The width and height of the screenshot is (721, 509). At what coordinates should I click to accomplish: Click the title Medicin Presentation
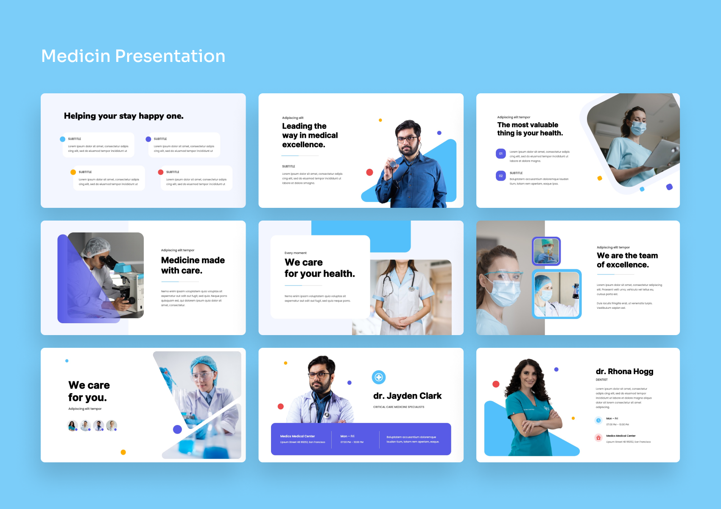[x=133, y=56]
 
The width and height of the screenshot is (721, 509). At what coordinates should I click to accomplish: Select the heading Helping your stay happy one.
[x=123, y=116]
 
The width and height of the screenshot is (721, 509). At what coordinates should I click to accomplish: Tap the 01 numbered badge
[x=500, y=154]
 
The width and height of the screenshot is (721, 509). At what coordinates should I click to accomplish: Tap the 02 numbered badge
[x=500, y=176]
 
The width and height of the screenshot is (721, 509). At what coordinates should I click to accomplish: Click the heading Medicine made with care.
[x=193, y=265]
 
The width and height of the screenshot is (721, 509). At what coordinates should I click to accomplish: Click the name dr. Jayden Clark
[x=407, y=396]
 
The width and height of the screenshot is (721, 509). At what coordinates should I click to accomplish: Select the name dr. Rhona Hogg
[x=624, y=372]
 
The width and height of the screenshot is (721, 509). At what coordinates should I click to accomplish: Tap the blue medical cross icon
[x=379, y=377]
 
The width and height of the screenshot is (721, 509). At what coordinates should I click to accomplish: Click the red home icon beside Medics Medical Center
[x=598, y=438]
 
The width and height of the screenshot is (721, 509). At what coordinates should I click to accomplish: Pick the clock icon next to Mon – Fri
[x=598, y=420]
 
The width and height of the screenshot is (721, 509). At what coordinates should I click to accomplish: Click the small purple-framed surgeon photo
[x=546, y=251]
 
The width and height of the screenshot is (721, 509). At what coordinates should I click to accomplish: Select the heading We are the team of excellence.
[x=627, y=260]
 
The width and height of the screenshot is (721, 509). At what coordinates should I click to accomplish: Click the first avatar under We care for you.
[x=73, y=425]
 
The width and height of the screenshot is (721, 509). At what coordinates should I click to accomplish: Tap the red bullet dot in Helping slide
[x=161, y=172]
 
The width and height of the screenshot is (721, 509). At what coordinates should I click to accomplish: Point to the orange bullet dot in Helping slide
[x=73, y=172]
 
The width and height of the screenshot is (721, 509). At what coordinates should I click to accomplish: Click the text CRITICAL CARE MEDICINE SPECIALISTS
[x=399, y=407]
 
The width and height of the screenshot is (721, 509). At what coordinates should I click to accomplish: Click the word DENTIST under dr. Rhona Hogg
[x=601, y=380]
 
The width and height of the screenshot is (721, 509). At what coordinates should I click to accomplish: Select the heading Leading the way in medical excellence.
[x=310, y=135]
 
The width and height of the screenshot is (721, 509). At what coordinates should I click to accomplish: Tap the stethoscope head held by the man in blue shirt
[x=393, y=165]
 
